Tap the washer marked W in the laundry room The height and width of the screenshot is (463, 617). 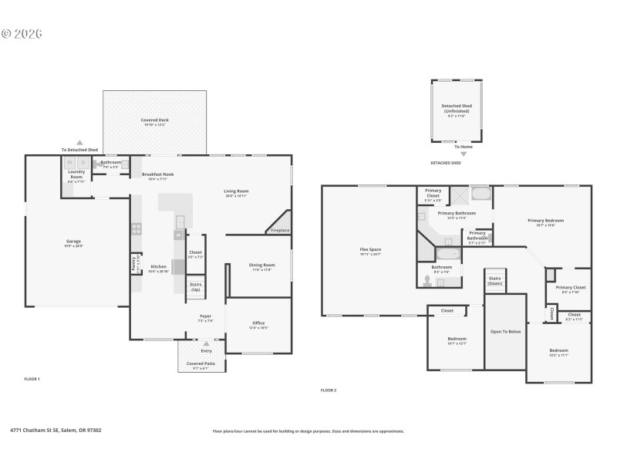69,163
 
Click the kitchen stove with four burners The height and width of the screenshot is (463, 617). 136,228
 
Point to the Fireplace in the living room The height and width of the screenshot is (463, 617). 279,229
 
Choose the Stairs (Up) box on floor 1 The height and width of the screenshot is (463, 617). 196,287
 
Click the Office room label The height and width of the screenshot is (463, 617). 258,324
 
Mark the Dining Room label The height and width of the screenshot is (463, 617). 261,266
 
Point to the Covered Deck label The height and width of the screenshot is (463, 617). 155,121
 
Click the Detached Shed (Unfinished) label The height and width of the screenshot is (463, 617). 456,109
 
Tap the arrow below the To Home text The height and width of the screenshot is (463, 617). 464,154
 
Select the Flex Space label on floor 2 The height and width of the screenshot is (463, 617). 370,250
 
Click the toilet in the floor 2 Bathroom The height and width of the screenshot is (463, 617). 427,280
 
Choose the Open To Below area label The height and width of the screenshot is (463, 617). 505,332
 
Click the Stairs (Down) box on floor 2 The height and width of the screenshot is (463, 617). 495,281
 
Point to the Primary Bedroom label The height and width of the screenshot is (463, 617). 545,222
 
